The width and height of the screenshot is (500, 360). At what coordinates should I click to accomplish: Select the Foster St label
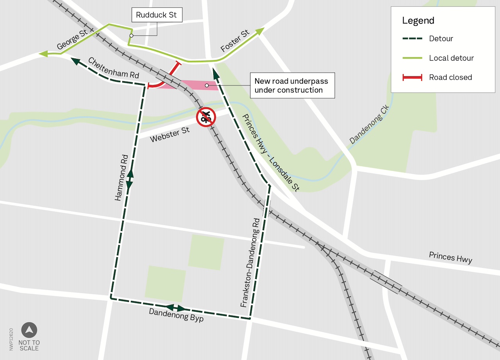[235, 41]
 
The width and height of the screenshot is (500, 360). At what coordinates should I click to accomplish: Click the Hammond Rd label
[121, 178]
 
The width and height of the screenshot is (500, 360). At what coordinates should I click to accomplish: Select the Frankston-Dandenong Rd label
[250, 262]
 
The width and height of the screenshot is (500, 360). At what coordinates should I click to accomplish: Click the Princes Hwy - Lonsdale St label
[271, 153]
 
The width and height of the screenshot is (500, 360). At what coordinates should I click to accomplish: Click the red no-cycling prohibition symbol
[206, 117]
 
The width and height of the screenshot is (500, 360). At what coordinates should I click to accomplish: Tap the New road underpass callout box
[291, 86]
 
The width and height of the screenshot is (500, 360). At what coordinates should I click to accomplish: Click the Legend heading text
[418, 21]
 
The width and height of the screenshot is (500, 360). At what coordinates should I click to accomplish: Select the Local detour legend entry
[451, 58]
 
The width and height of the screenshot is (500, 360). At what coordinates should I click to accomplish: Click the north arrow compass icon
[29, 330]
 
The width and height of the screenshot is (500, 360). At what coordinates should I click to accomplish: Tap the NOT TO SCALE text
[30, 345]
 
